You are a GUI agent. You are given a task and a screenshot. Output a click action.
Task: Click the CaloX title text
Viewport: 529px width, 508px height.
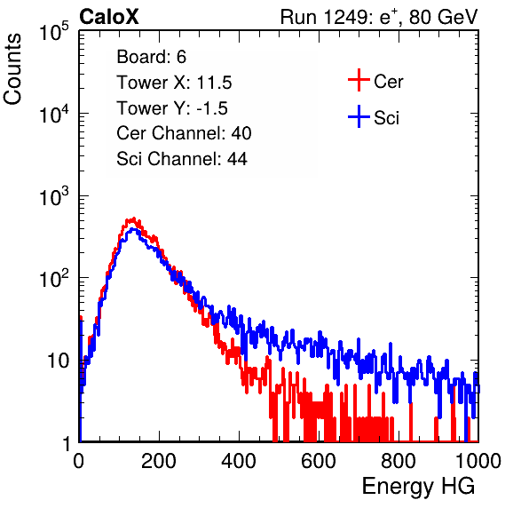[108, 17]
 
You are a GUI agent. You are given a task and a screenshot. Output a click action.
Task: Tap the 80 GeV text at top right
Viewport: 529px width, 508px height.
[443, 17]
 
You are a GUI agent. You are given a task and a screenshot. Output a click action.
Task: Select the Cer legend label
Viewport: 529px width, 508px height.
[388, 82]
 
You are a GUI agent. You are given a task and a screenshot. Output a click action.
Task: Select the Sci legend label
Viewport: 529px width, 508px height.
[386, 118]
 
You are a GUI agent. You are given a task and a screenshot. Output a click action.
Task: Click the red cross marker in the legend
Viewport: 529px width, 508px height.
[359, 80]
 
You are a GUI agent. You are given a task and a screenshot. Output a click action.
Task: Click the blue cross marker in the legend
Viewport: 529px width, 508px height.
[359, 116]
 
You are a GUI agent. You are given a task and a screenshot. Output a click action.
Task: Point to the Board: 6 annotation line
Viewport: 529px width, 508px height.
[151, 57]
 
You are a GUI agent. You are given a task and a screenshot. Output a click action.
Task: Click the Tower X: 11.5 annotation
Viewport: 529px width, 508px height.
[174, 83]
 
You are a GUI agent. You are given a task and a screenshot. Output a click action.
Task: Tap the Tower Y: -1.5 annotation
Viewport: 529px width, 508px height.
[172, 108]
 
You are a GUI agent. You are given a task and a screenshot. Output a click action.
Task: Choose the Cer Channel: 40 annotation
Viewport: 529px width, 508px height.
[184, 133]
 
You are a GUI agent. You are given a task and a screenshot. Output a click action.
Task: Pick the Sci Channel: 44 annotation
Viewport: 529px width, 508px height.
[182, 159]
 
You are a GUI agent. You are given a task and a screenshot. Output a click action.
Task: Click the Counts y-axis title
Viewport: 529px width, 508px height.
[12, 69]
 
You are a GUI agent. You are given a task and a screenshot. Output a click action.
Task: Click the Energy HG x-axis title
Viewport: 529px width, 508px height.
[418, 486]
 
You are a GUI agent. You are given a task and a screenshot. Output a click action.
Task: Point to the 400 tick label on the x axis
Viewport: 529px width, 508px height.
[239, 461]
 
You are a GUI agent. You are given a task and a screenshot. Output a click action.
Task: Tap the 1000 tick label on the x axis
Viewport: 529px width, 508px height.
[478, 461]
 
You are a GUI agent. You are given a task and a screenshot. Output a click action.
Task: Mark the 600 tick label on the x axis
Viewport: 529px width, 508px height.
[319, 461]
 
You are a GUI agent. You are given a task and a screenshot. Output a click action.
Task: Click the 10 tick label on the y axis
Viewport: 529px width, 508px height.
[59, 361]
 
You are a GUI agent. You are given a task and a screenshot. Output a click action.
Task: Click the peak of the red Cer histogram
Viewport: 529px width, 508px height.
[134, 218]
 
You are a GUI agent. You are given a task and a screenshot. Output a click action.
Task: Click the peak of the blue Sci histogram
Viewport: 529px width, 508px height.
[134, 229]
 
